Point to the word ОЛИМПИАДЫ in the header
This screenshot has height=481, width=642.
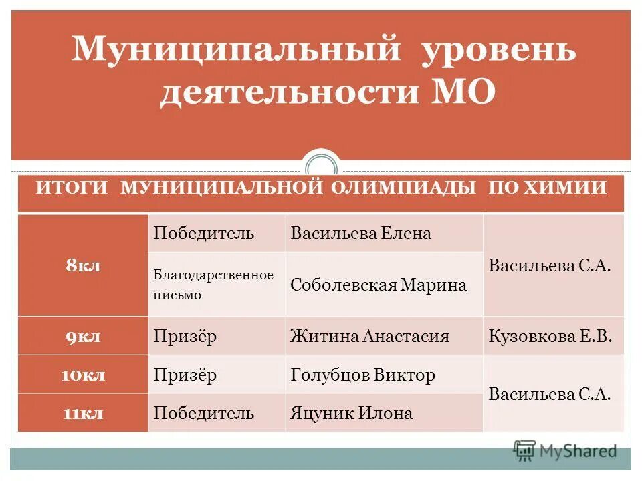tap(405, 188)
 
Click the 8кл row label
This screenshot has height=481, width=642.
tap(83, 265)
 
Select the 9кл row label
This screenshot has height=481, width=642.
tap(83, 336)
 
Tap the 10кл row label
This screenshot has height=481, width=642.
tap(83, 375)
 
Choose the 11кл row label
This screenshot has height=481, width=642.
tap(83, 413)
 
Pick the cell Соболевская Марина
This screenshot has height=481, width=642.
tap(379, 285)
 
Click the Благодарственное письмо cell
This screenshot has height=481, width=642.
tap(213, 285)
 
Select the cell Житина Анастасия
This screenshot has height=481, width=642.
tap(370, 336)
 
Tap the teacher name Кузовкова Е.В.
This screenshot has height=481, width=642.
tap(551, 336)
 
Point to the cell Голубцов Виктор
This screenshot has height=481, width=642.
tap(363, 375)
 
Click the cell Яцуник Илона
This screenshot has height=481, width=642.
tap(352, 413)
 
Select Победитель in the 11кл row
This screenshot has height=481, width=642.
tap(204, 413)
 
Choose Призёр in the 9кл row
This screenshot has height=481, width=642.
tap(185, 336)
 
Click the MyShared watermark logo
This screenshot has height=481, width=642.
tap(565, 451)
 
